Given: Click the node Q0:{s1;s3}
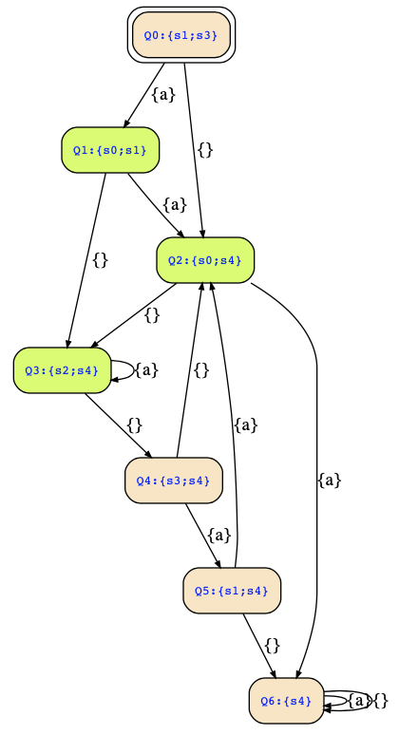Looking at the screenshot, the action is point(181,35).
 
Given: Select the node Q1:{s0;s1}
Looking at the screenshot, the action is point(110,150).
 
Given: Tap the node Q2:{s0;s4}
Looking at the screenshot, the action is point(205,260).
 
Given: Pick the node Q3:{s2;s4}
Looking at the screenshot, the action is point(62,370).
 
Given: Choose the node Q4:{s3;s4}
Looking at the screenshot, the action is point(174,481).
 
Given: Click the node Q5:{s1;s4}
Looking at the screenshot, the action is point(232,591).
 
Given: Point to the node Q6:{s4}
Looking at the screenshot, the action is point(286,701).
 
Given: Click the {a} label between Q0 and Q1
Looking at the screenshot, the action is point(163,95).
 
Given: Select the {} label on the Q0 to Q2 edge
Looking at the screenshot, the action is point(205,150).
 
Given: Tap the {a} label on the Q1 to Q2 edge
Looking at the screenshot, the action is point(175,205).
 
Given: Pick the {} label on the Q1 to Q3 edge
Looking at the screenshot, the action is point(101,260).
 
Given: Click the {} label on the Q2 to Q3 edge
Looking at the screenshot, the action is point(152,315).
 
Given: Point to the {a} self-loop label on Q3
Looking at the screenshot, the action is point(146,370).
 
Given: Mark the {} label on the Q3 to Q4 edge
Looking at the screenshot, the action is point(135,425).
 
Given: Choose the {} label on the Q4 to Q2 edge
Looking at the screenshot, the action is point(201,370).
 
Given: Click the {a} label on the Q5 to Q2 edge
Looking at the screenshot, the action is point(246,425).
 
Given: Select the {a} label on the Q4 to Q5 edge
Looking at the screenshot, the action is point(219,536).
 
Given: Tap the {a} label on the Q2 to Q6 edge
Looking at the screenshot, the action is point(329,481).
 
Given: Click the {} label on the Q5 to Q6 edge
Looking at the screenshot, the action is point(272,646).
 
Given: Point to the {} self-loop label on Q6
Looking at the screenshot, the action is point(381,701).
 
